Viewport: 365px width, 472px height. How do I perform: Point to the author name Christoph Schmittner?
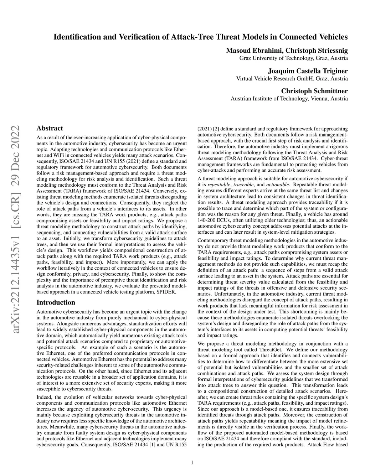coord(314,91)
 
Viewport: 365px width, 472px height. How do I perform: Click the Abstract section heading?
coord(50,128)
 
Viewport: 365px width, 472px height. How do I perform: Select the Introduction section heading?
coord(56,302)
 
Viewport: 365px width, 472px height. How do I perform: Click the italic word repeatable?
coord(219,185)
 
